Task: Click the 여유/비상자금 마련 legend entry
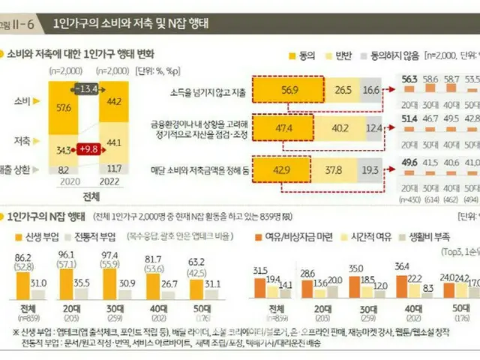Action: click(283, 238)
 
